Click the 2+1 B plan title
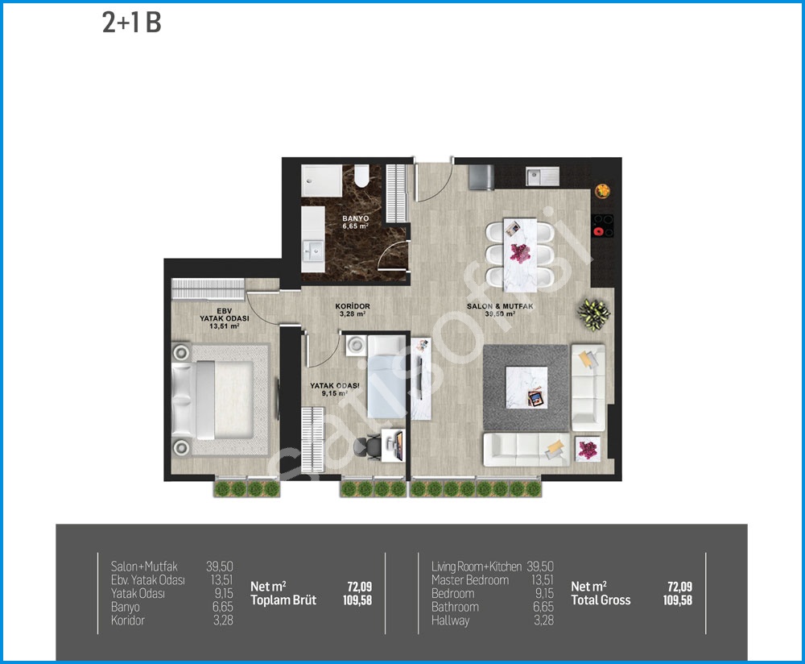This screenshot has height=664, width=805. click(132, 23)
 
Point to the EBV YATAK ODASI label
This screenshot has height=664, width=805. click(225, 318)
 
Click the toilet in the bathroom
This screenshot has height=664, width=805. click(361, 175)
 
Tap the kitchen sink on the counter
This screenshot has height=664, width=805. click(542, 176)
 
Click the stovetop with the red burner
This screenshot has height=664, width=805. click(603, 226)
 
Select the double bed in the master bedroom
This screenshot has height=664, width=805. click(213, 400)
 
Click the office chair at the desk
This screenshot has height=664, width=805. click(368, 446)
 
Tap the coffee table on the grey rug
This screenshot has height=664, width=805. click(526, 388)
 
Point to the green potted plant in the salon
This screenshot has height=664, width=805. click(594, 313)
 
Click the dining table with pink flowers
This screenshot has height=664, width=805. click(520, 255)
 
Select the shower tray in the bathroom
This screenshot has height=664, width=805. click(321, 181)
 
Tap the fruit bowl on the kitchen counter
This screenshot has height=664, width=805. click(603, 191)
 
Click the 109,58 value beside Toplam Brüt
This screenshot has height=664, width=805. click(357, 600)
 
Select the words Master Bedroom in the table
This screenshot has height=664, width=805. click(470, 580)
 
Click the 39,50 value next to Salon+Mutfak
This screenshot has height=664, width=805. click(220, 566)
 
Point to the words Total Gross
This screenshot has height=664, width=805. click(601, 600)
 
